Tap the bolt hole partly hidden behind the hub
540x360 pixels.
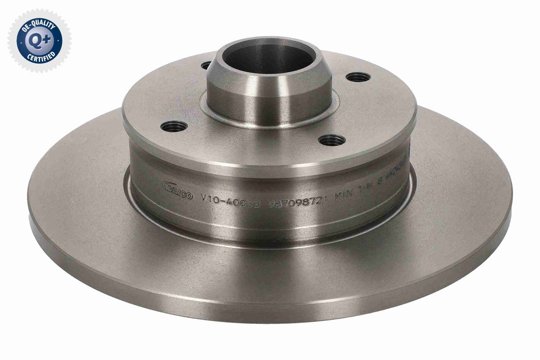206,65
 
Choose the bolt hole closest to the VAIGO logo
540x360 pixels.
173,126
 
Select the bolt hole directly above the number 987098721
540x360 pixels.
332,141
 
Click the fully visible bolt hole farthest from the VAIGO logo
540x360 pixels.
358,77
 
